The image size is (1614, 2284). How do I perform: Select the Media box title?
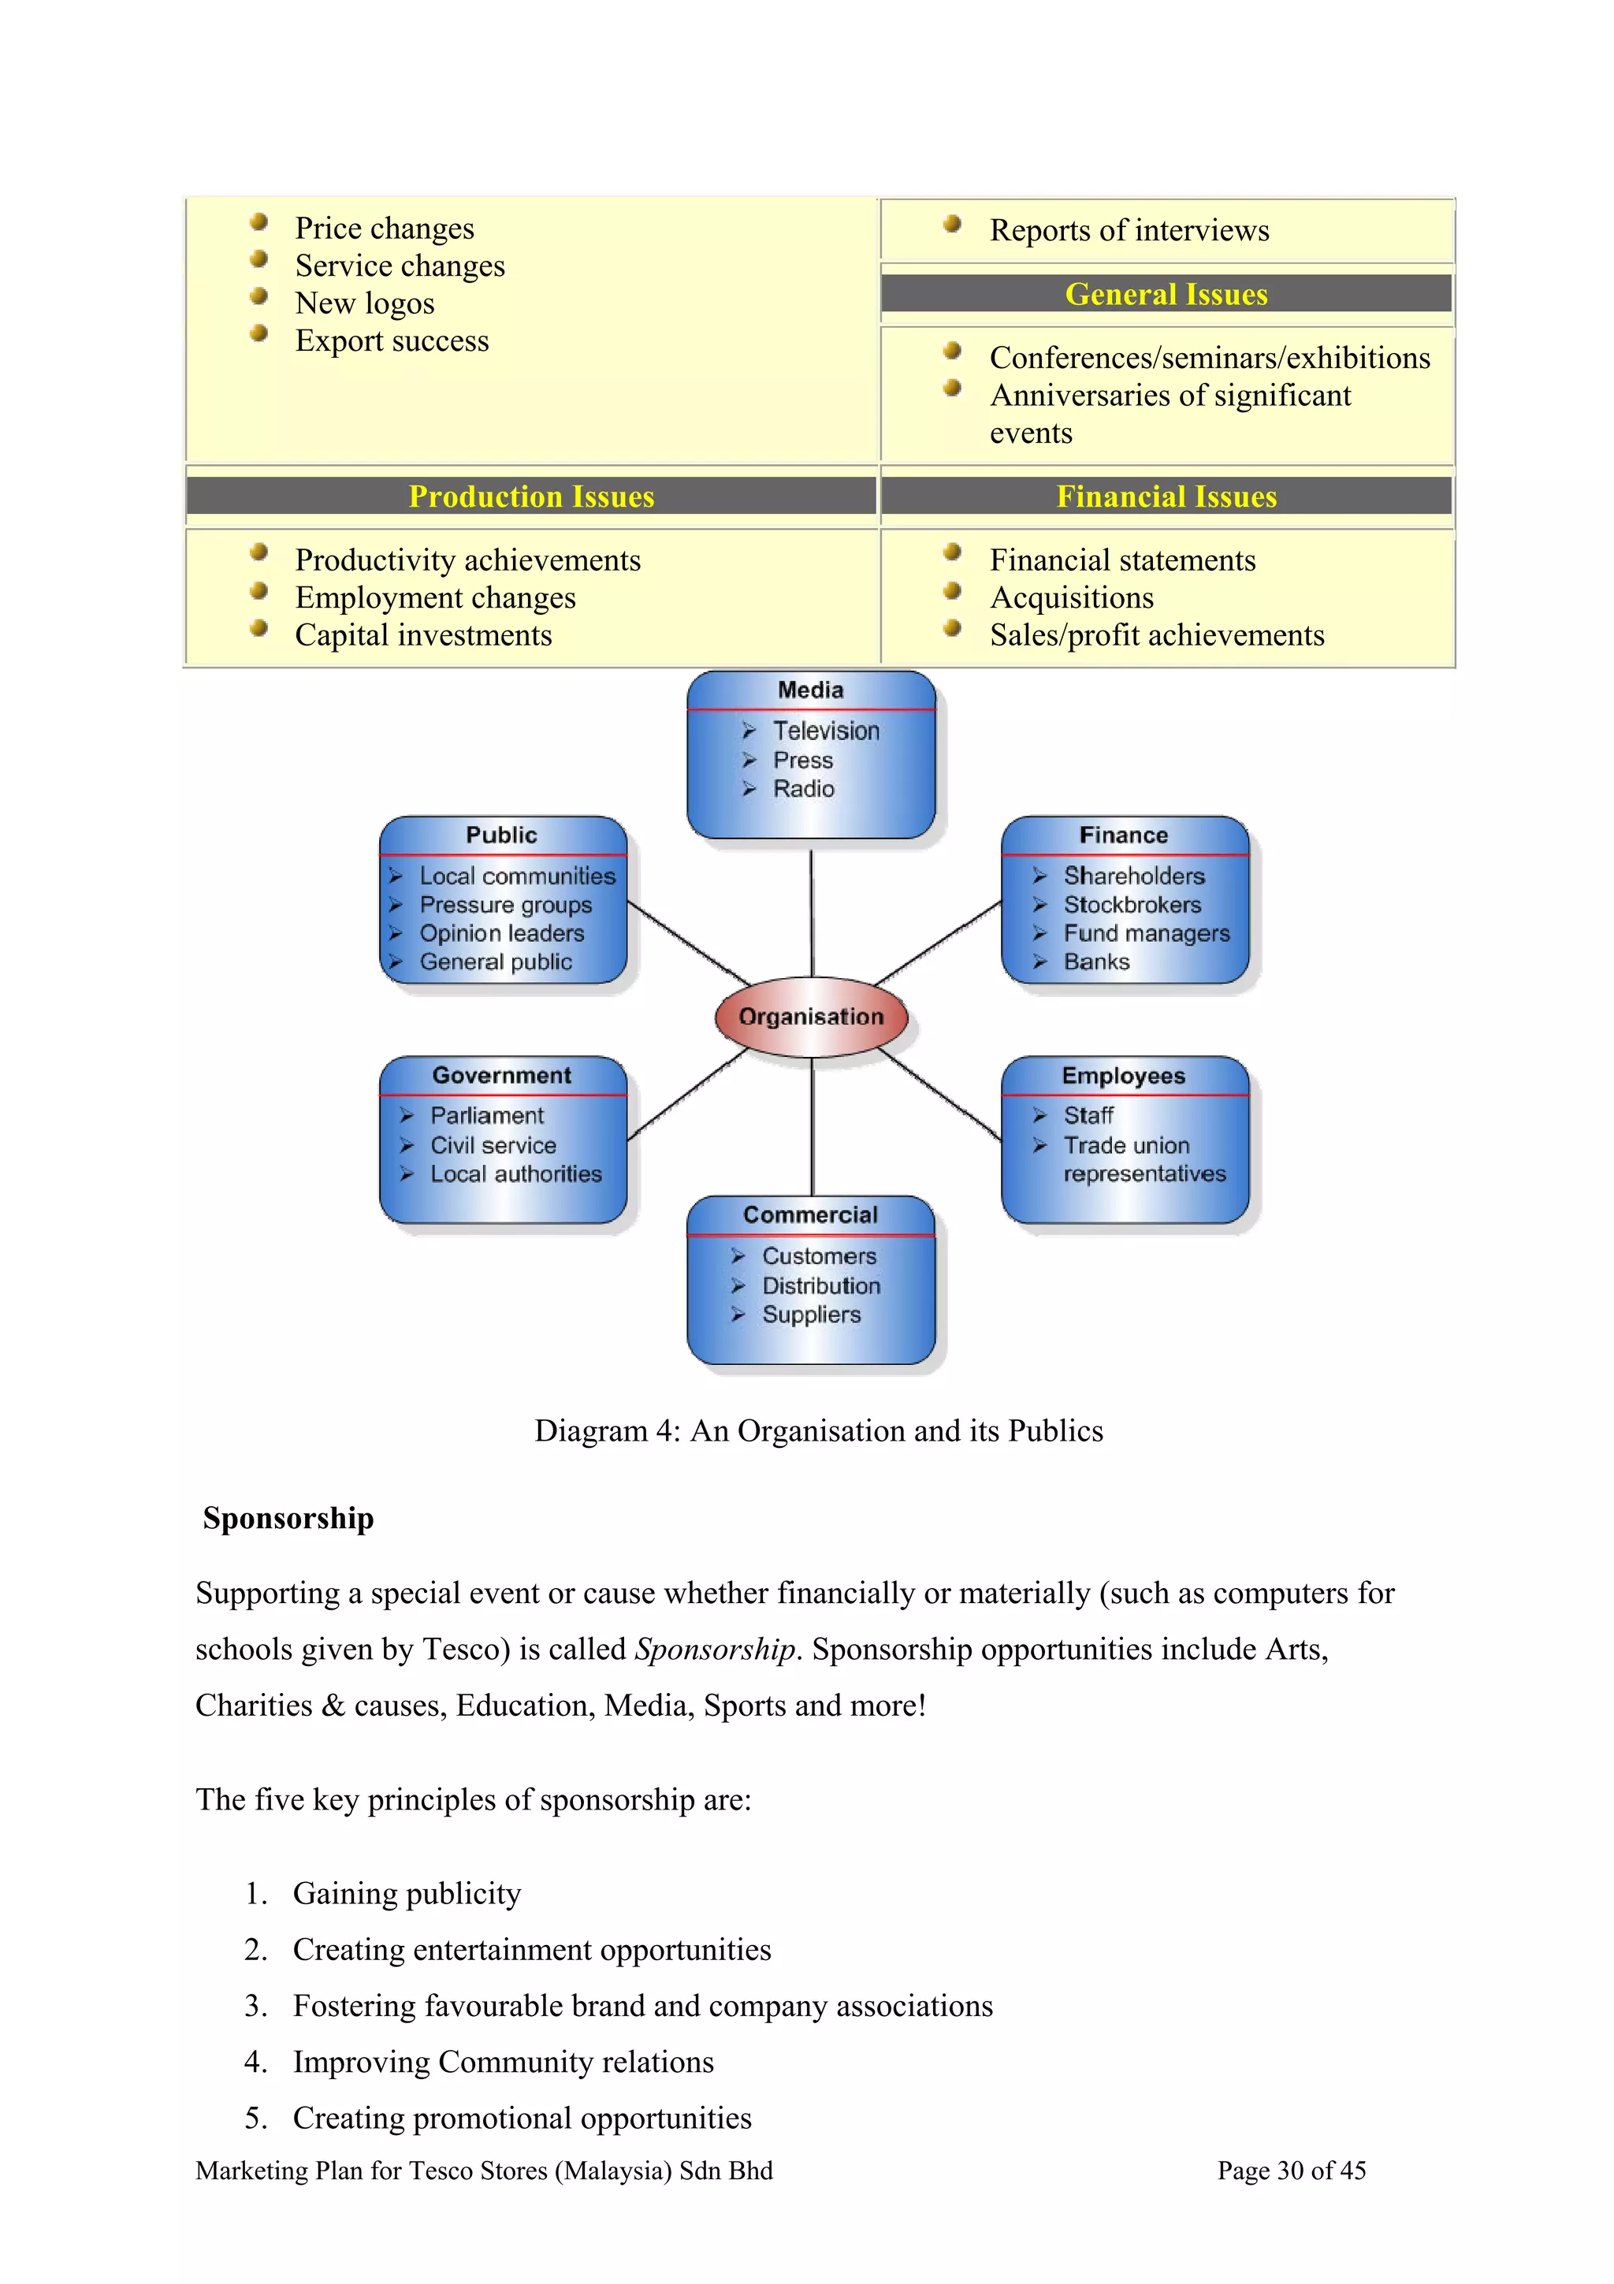click(810, 690)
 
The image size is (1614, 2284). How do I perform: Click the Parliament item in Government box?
click(486, 1115)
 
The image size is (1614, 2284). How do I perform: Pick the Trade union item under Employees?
click(1125, 1145)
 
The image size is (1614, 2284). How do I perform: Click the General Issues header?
click(1166, 295)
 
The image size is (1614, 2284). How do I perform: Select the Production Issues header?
click(531, 497)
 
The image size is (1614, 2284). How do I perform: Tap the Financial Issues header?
click(1166, 497)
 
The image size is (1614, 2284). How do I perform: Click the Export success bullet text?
click(392, 341)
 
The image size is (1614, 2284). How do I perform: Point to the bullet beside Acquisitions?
click(952, 591)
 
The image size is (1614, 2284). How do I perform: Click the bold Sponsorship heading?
click(288, 1518)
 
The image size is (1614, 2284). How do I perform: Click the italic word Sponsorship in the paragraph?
click(715, 1650)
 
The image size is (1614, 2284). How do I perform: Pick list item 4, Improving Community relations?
click(504, 2063)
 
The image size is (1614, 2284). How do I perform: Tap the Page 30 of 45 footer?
click(1291, 2171)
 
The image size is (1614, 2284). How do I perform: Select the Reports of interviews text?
click(1129, 231)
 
